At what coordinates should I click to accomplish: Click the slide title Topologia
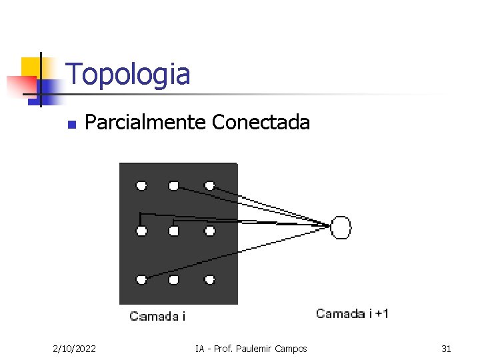[128, 74]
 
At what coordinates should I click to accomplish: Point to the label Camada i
[157, 317]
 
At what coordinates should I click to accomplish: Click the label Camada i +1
[352, 313]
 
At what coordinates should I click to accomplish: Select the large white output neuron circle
[341, 227]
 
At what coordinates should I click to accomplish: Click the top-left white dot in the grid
[141, 185]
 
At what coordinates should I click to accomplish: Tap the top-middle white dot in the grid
[174, 185]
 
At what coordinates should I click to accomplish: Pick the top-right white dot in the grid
[209, 185]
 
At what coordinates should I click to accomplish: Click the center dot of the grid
[174, 231]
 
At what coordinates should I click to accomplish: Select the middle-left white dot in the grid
[141, 231]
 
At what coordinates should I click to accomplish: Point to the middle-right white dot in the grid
[209, 231]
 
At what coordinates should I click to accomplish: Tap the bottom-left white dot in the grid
[141, 279]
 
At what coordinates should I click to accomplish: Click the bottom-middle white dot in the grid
[174, 279]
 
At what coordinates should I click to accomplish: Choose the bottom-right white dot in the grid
[209, 279]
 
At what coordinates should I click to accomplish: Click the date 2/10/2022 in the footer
[74, 349]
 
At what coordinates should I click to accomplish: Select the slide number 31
[446, 349]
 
